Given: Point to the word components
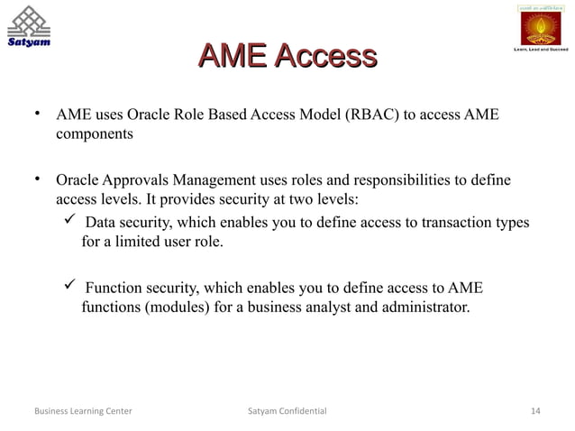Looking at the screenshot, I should point(95,134).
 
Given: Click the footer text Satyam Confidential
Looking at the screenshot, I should point(287,412).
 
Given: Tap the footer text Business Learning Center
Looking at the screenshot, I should point(82,412).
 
